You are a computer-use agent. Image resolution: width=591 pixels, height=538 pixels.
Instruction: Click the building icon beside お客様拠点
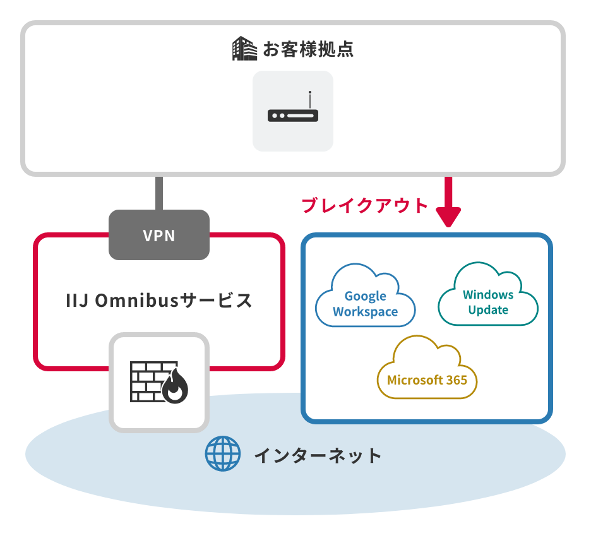[x=244, y=49]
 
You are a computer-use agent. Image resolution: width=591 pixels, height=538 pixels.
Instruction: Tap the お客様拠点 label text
[x=307, y=49]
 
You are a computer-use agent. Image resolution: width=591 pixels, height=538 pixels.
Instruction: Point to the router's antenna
[x=310, y=100]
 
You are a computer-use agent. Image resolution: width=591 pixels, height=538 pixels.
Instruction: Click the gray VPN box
[x=159, y=236]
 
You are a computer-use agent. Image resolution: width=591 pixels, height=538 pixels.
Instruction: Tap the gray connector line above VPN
[x=159, y=193]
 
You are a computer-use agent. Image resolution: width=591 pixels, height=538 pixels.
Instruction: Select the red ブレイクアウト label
[x=365, y=205]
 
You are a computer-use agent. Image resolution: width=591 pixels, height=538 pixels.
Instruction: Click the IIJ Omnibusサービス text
[x=159, y=300]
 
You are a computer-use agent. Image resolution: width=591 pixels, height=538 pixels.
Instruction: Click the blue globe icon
[x=223, y=454]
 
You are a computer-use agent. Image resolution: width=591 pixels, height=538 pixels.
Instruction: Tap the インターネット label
[x=318, y=455]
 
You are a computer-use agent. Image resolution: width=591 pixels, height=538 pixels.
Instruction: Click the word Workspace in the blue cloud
[x=365, y=311]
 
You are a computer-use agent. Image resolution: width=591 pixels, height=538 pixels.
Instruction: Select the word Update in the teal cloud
[x=488, y=309]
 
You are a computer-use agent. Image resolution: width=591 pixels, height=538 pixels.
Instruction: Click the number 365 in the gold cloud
[x=455, y=380]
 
